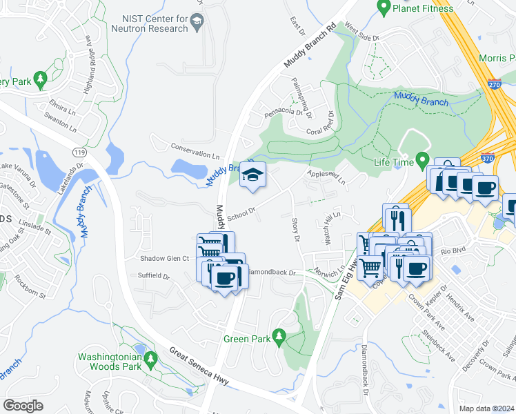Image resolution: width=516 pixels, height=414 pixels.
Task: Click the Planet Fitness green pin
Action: coord(384,8)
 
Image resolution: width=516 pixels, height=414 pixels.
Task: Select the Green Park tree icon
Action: coord(279,337)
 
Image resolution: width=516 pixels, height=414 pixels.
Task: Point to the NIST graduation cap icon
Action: coord(197,25)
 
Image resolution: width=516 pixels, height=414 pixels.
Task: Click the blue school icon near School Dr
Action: coord(253,175)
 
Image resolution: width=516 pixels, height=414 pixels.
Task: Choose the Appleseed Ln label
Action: coord(326,177)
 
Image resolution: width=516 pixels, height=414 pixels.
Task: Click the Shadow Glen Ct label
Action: coord(164,258)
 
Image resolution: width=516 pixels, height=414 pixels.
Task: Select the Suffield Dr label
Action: coord(154,276)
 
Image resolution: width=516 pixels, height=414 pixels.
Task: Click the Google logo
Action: coord(23,406)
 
